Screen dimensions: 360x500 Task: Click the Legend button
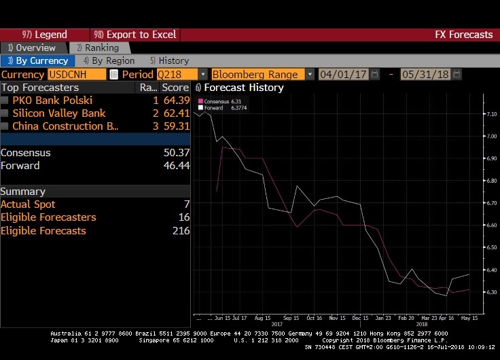(45, 35)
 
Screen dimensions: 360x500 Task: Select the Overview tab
(32, 48)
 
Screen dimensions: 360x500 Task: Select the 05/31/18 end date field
(425, 74)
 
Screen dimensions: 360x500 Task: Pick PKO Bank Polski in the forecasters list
(52, 101)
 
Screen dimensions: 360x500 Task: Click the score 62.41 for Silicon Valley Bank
(176, 113)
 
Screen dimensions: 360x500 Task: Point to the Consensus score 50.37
(176, 153)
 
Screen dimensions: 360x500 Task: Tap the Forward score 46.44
(176, 166)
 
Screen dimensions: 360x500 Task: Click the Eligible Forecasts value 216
(181, 231)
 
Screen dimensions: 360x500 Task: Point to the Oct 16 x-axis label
(313, 317)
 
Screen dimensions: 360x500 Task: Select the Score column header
(175, 88)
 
